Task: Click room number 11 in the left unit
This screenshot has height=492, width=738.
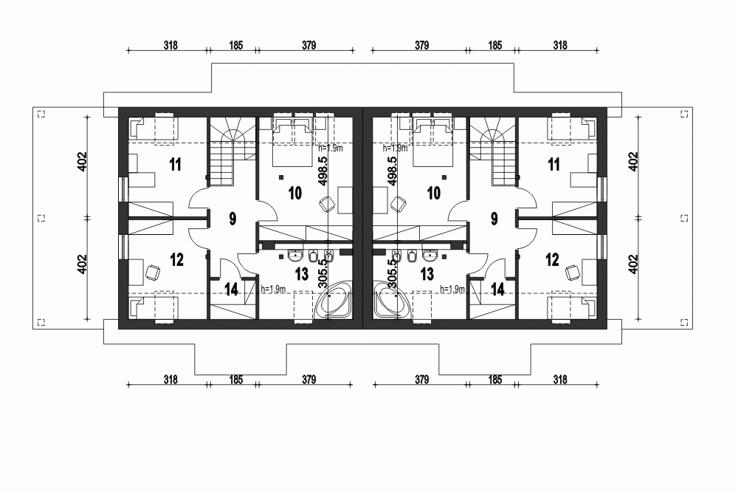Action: pos(175,163)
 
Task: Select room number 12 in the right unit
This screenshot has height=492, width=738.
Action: pos(552,259)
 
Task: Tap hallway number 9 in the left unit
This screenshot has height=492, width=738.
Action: pos(232,218)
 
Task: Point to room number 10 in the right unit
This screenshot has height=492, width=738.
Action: pos(433,193)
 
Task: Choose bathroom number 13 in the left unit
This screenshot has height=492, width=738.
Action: pos(300,275)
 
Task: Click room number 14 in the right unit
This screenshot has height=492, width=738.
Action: pos(497,289)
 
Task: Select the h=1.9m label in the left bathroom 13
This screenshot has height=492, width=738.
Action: pos(273,289)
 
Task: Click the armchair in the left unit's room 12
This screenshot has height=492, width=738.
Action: pos(153,272)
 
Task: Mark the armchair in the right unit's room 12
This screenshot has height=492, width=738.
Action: pos(574,272)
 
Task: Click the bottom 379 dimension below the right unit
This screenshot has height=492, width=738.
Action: pos(421,380)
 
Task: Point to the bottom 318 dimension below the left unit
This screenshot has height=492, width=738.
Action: pos(170,380)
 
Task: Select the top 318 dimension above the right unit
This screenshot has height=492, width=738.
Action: pos(559,46)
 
